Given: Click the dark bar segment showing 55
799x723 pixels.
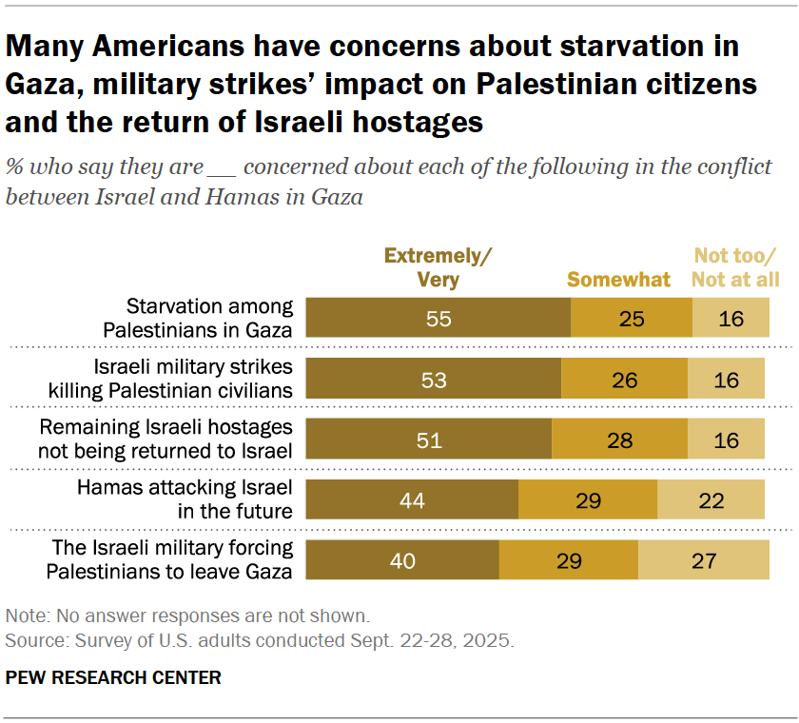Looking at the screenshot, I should pyautogui.click(x=438, y=318).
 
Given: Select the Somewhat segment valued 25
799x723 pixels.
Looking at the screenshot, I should pyautogui.click(x=631, y=318).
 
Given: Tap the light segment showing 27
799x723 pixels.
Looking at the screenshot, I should pyautogui.click(x=703, y=560).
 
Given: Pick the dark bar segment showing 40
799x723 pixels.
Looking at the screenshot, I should pyautogui.click(x=402, y=560).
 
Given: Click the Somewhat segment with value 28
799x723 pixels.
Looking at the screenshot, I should pyautogui.click(x=619, y=439).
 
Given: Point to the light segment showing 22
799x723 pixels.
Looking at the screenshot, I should pyautogui.click(x=711, y=499).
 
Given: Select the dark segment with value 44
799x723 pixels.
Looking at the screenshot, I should pyautogui.click(x=413, y=499).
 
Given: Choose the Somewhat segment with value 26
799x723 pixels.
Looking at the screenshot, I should pyautogui.click(x=624, y=379).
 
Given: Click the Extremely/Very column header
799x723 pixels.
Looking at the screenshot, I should pyautogui.click(x=438, y=267).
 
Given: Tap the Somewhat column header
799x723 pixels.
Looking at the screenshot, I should pyautogui.click(x=618, y=280).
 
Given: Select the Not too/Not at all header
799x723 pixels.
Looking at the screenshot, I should pyautogui.click(x=734, y=267).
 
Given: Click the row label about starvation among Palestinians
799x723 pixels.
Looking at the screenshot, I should pyautogui.click(x=209, y=318).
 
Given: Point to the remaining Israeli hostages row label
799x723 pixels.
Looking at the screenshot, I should pyautogui.click(x=165, y=439).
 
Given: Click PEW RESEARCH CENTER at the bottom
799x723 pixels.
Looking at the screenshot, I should pyautogui.click(x=113, y=677).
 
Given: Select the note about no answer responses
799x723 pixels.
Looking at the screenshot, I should pyautogui.click(x=187, y=615).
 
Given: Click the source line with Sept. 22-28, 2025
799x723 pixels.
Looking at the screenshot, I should pyautogui.click(x=259, y=639).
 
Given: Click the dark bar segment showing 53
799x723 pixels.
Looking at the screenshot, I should pyautogui.click(x=433, y=379).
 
